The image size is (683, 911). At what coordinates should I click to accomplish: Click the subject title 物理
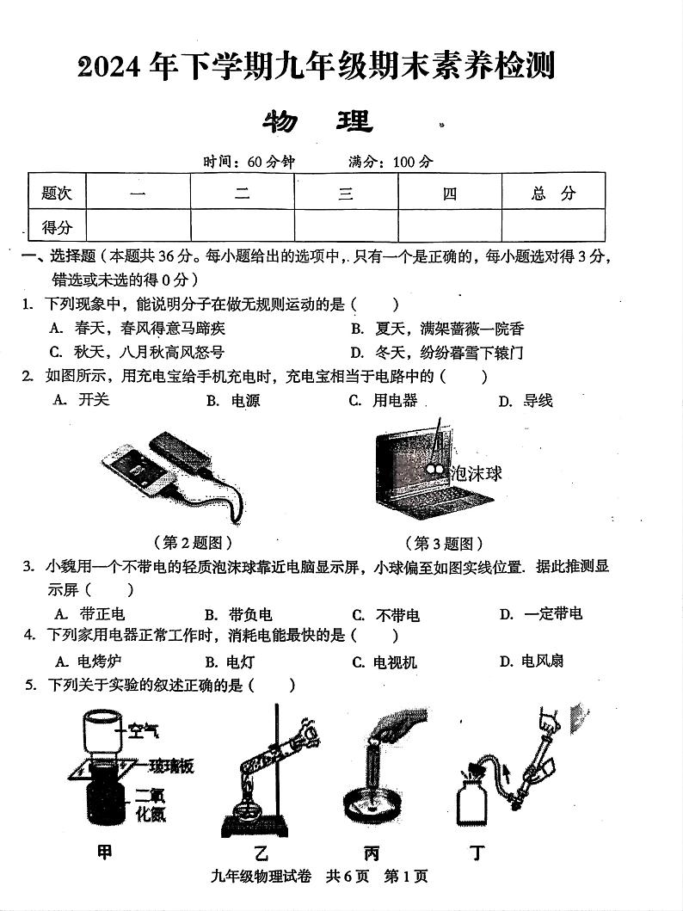[x=317, y=122]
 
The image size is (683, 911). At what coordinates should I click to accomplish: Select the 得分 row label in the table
[x=57, y=227]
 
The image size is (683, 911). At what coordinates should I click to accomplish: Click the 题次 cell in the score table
[x=57, y=194]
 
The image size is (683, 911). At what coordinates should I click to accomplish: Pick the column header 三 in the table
[x=346, y=194]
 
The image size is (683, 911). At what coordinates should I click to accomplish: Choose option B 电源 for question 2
[x=233, y=401]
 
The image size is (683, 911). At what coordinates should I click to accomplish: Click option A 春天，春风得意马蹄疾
[x=138, y=329]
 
